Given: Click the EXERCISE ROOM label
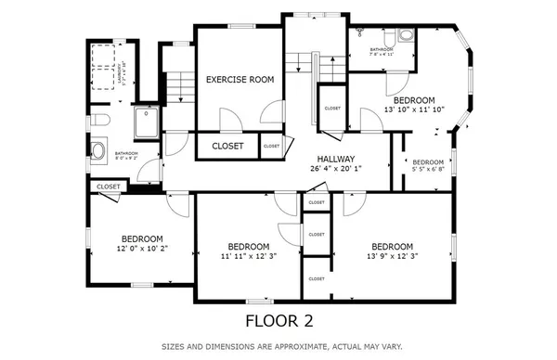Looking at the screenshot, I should point(240,81).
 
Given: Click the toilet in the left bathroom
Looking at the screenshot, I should point(101,122).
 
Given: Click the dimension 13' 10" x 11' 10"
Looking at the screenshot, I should point(413,109).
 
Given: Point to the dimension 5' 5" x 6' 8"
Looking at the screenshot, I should point(428,170).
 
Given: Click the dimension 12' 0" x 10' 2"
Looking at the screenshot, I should point(142,249).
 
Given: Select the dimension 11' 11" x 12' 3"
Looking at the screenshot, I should point(248,257).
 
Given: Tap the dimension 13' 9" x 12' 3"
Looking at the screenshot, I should point(389,256).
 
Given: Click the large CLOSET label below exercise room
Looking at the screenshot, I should point(227,147).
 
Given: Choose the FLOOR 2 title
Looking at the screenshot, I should point(278,321).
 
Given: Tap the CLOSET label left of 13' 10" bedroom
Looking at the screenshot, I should point(332,109).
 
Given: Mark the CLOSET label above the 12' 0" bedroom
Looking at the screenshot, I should point(109,186).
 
